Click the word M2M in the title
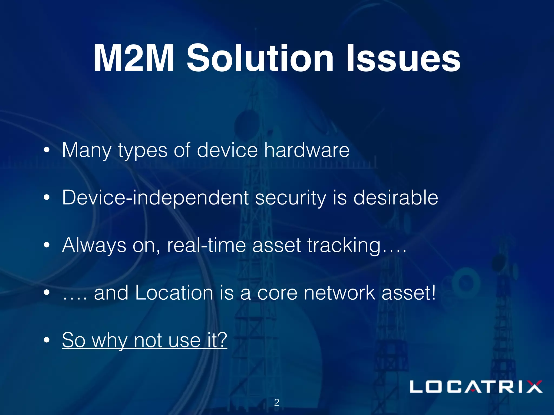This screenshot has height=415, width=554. point(134,58)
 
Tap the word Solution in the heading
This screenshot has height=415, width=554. point(260,58)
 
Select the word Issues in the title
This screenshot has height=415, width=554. point(403,58)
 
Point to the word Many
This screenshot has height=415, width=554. point(87,151)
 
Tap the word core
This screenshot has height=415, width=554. point(277,293)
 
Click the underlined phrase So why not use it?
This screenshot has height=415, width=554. point(144,340)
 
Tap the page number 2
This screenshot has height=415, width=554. point(276,403)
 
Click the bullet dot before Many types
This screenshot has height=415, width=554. point(47,150)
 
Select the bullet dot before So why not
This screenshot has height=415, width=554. point(47,340)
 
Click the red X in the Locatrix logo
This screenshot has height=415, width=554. point(532,387)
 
